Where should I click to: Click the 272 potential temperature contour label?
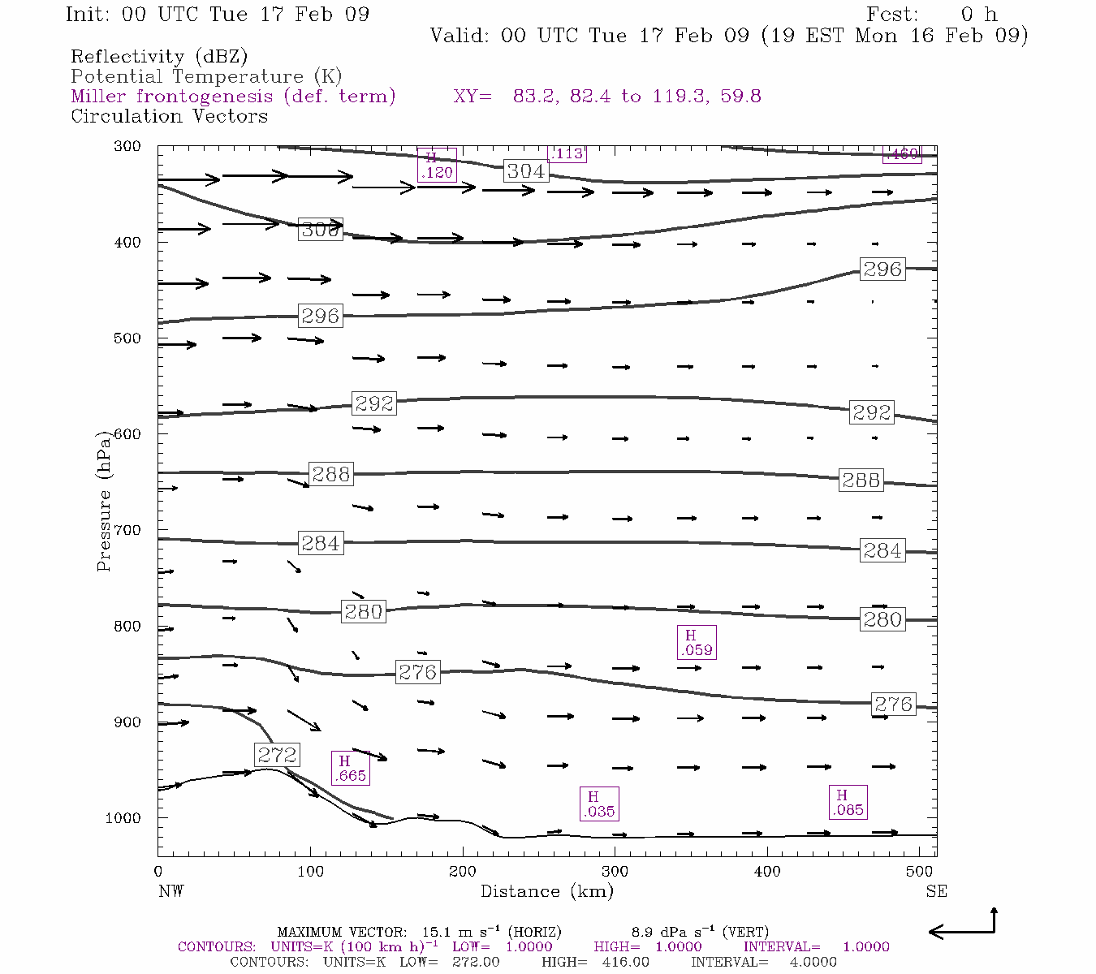(x=277, y=755)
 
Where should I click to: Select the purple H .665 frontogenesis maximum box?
(x=350, y=768)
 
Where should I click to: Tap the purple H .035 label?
(x=599, y=804)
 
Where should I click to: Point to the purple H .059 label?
(x=697, y=642)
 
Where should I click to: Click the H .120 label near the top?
(x=437, y=165)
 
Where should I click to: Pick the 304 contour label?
(x=525, y=170)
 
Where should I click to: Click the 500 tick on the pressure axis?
(x=127, y=338)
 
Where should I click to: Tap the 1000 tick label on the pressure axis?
(x=123, y=818)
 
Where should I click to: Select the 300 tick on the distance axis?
(x=615, y=871)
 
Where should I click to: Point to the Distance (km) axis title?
(x=546, y=891)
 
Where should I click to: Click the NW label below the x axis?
(x=170, y=891)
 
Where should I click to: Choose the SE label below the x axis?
(x=936, y=891)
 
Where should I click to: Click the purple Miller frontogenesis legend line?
(x=233, y=97)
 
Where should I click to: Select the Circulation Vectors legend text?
(x=169, y=116)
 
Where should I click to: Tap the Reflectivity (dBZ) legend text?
(x=159, y=57)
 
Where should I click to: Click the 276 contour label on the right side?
(x=893, y=705)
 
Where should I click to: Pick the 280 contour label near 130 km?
(x=363, y=611)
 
